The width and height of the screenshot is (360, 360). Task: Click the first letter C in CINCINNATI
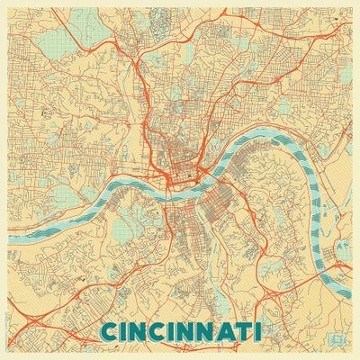[x=112, y=331]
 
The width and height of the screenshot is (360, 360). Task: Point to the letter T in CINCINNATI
[x=245, y=331]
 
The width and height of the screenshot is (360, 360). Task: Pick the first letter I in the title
[x=128, y=331]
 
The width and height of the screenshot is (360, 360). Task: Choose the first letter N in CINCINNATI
[x=140, y=331]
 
